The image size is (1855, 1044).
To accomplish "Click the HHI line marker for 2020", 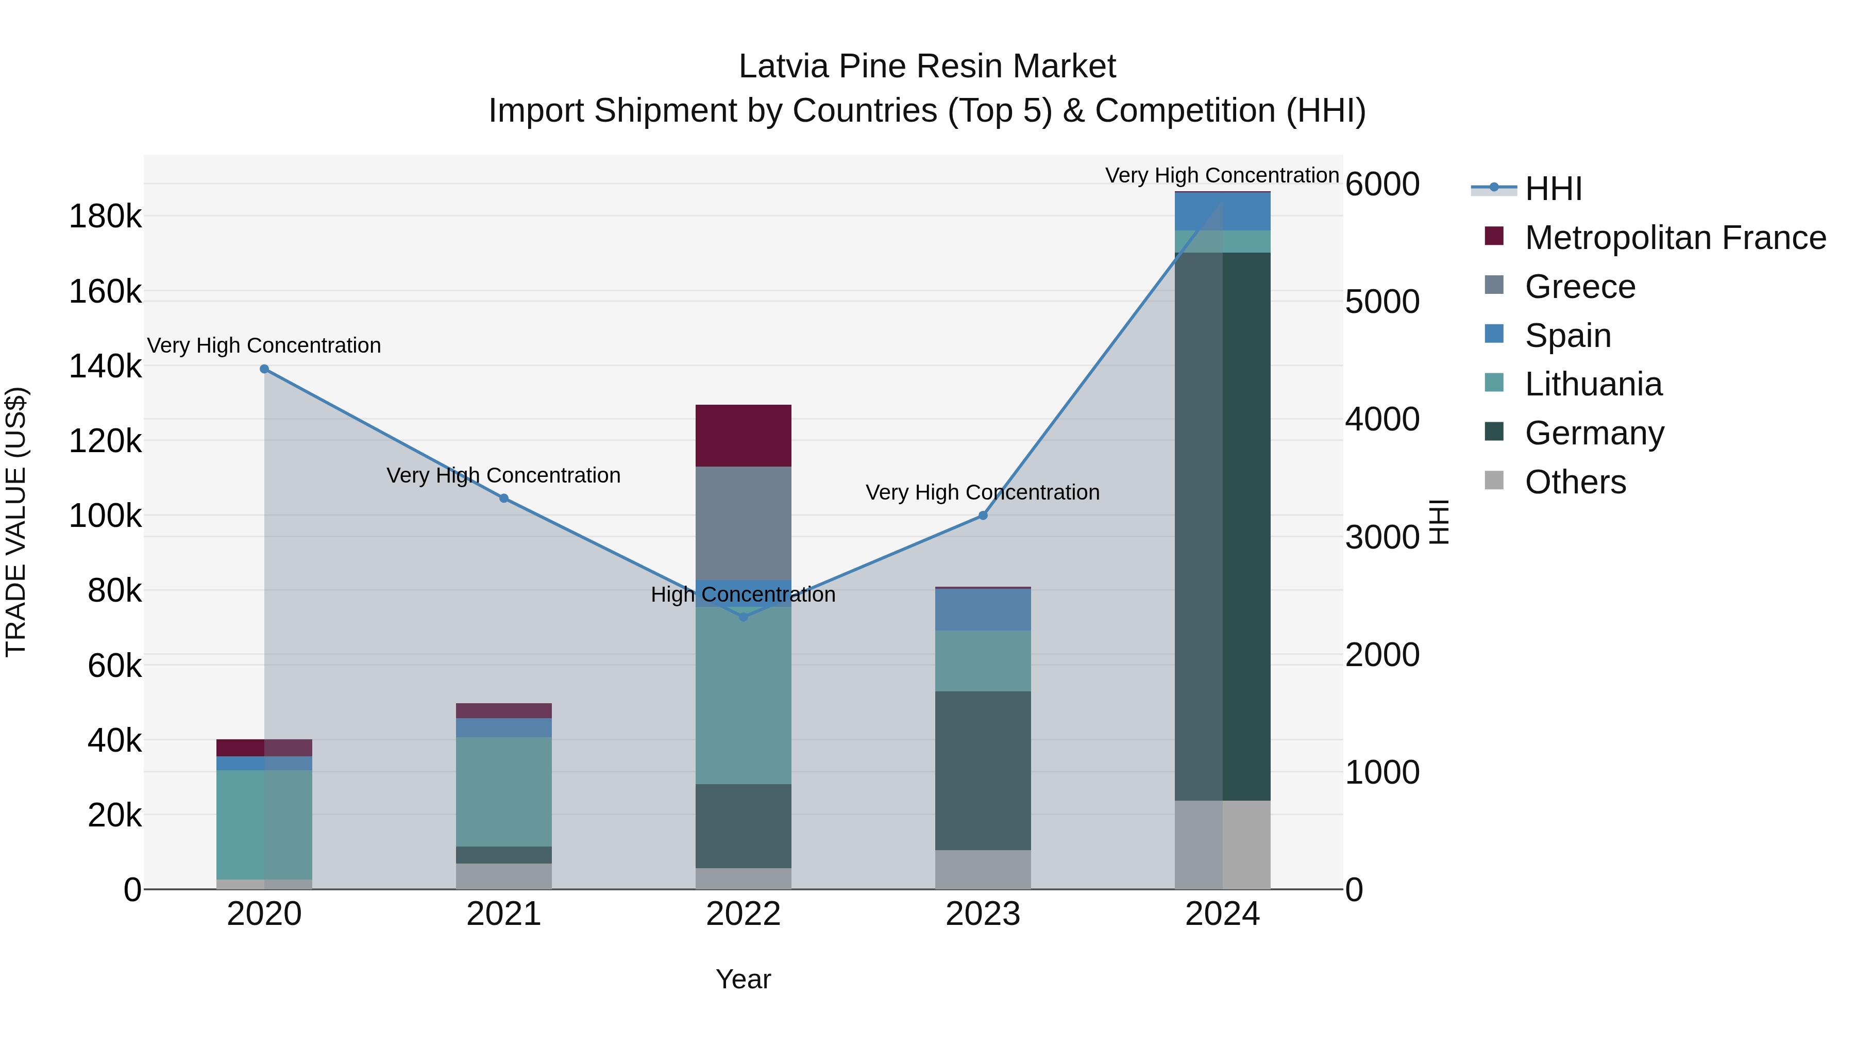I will pyautogui.click(x=264, y=369).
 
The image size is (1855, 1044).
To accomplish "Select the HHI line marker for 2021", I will pyautogui.click(x=504, y=499).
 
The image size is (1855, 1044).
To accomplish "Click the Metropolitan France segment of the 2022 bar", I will pyautogui.click(x=743, y=436).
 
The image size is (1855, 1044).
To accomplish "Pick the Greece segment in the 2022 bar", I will pyautogui.click(x=743, y=523).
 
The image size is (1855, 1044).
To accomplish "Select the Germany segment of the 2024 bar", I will pyautogui.click(x=1223, y=526).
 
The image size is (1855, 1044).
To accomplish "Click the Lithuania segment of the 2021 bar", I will pyautogui.click(x=504, y=791).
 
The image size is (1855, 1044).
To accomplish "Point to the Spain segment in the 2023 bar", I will pyautogui.click(x=983, y=609).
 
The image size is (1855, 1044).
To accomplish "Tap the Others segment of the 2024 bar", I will pyautogui.click(x=1223, y=844).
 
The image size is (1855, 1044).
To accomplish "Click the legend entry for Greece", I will pyautogui.click(x=1580, y=287).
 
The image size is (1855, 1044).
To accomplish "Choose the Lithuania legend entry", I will pyautogui.click(x=1593, y=385).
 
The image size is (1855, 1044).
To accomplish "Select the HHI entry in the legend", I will pyautogui.click(x=1553, y=189).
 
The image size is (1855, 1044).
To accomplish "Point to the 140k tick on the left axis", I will pyautogui.click(x=105, y=366).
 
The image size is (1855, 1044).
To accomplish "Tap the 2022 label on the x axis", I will pyautogui.click(x=743, y=914).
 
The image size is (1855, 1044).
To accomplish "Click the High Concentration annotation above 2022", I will pyautogui.click(x=743, y=595).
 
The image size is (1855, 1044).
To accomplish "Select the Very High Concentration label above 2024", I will pyautogui.click(x=1222, y=175).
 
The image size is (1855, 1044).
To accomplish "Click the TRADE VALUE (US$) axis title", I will pyautogui.click(x=16, y=522).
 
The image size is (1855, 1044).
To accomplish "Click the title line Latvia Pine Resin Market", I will pyautogui.click(x=927, y=67).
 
